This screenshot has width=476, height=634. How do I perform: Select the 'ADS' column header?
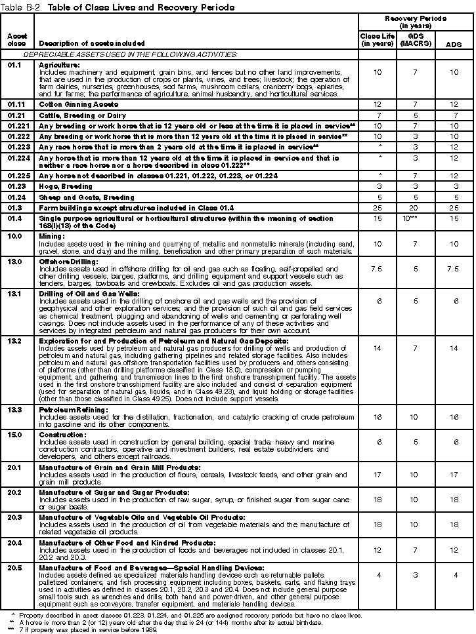tap(452, 44)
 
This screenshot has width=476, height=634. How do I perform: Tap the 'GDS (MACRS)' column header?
tap(416, 39)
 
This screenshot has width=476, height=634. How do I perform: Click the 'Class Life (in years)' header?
tap(377, 39)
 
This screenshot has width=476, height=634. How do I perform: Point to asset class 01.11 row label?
tap(16, 104)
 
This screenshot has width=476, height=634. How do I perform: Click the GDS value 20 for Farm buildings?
tap(416, 207)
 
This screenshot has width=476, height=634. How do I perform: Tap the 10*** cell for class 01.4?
tap(416, 219)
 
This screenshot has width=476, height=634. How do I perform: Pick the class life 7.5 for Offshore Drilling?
tap(377, 269)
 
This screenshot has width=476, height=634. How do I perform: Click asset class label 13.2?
tap(14, 342)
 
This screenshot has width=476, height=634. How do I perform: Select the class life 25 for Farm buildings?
tap(377, 207)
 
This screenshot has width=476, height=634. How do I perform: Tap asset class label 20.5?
tap(14, 567)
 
